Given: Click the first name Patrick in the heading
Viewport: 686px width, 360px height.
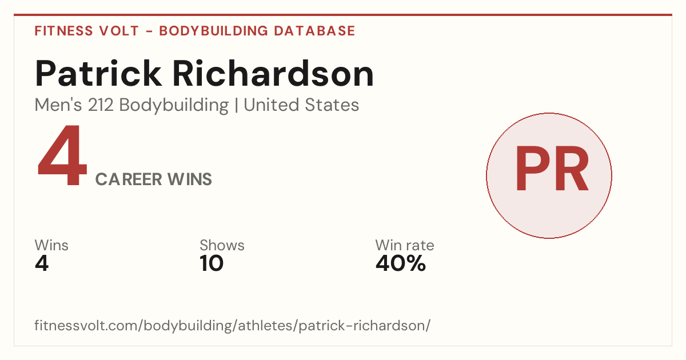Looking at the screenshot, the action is point(98,74).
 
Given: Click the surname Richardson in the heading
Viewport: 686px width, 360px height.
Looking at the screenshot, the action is point(273,74).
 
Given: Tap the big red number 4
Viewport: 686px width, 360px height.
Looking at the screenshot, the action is point(62,155).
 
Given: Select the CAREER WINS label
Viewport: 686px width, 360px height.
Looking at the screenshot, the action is point(154,179).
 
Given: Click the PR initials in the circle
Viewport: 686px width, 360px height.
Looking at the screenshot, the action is point(552,169).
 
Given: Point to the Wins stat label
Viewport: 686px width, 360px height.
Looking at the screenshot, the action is point(51,245).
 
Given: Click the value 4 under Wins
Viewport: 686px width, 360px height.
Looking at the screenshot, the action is point(42,263).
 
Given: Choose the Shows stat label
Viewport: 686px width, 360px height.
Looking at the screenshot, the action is point(222,245).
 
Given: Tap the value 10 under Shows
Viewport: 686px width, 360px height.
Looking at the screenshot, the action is point(212,263).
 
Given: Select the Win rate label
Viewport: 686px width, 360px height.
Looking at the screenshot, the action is point(405,245).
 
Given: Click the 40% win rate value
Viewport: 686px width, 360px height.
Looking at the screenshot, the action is point(401,263).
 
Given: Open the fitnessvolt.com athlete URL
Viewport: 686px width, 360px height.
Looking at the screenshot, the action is point(233,325).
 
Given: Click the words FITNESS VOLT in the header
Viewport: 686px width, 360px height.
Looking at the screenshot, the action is point(87,31).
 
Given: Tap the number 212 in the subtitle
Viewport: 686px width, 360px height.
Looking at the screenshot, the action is point(101,105).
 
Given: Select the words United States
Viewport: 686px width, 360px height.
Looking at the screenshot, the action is point(301,105).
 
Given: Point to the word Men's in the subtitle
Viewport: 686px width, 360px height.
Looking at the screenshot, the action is point(58,105).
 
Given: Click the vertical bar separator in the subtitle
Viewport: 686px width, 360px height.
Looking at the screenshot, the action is point(236,106).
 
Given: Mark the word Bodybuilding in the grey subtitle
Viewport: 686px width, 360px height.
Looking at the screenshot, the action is point(174,106).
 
